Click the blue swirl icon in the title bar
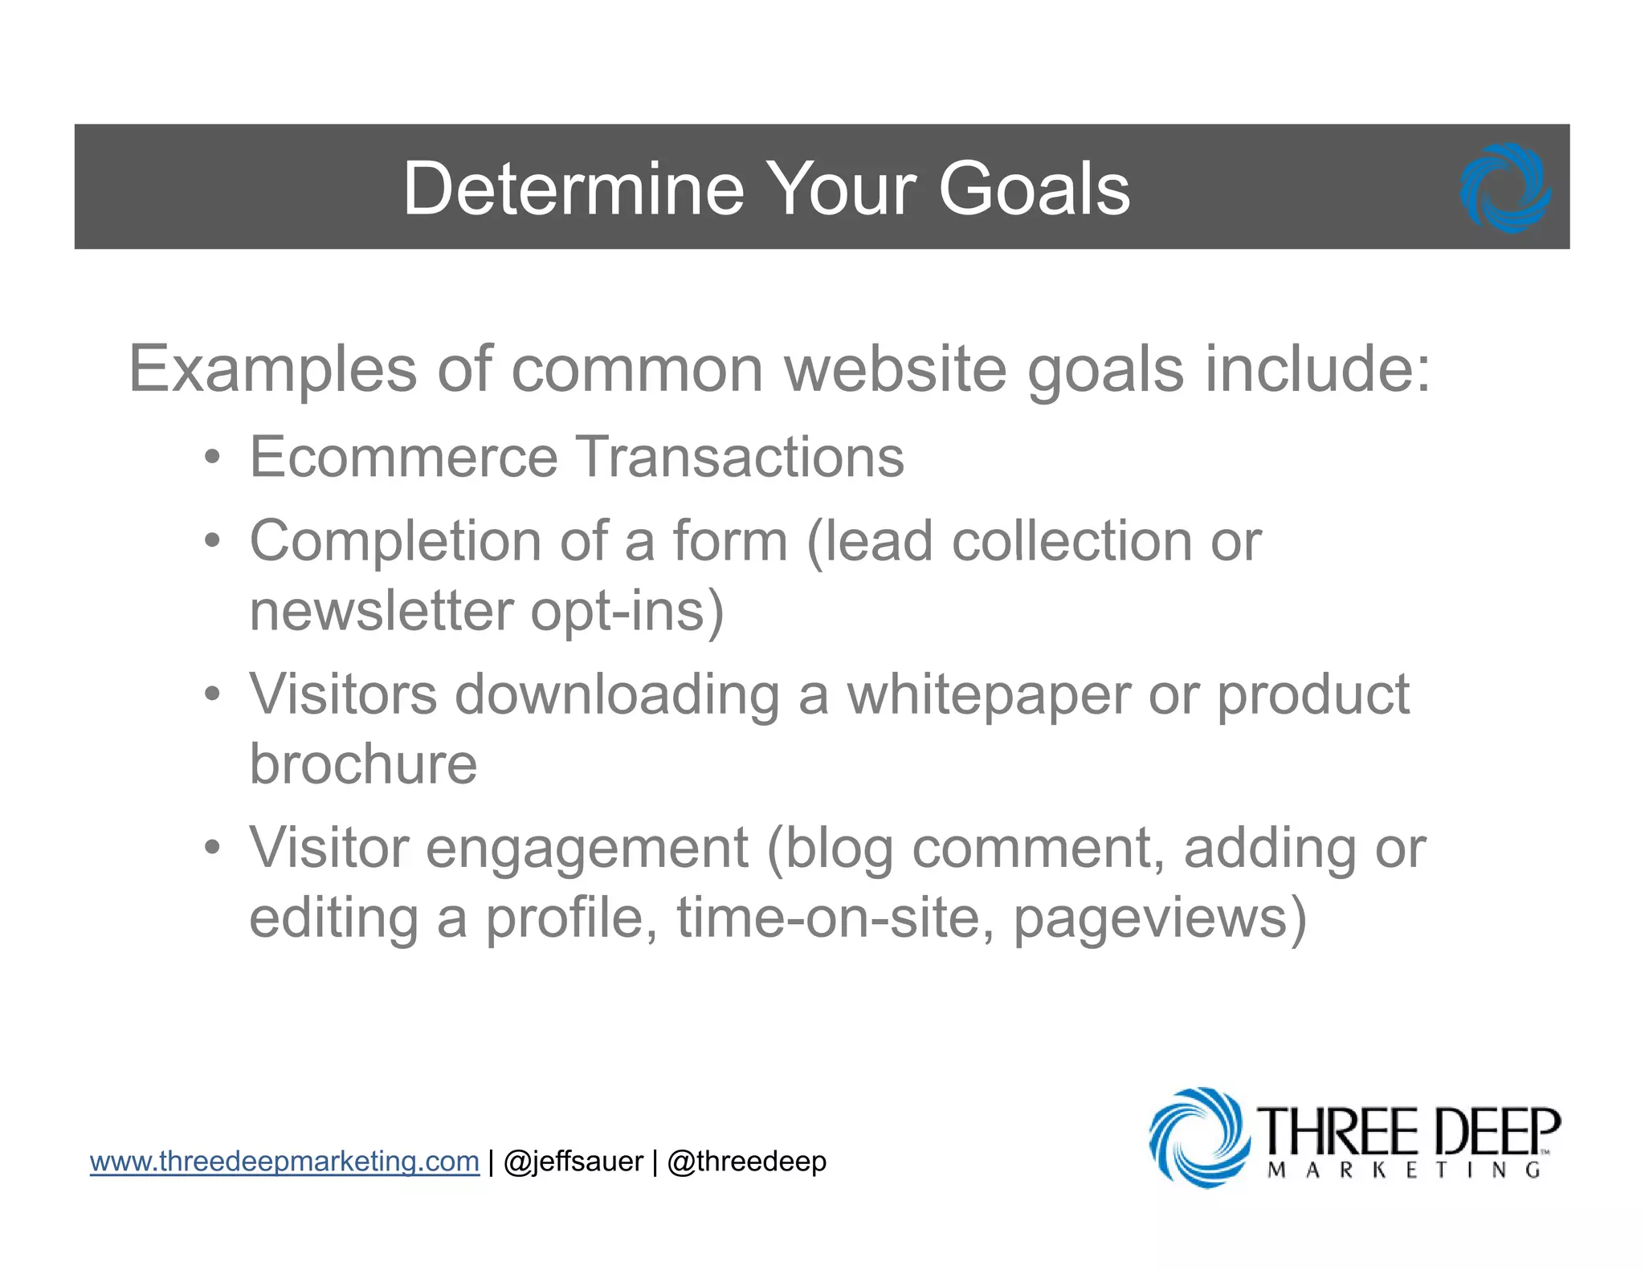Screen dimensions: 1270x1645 tap(1505, 189)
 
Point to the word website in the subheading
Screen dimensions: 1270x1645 tap(895, 369)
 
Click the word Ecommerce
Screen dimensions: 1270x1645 tap(403, 457)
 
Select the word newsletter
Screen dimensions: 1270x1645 tap(381, 611)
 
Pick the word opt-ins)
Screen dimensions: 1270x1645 tap(627, 611)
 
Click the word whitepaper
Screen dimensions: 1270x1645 tap(989, 694)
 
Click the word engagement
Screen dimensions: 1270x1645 tap(586, 848)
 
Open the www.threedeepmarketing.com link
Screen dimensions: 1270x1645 tap(284, 1162)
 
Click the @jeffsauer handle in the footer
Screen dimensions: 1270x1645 tap(573, 1162)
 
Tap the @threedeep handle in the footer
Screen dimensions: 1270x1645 tap(746, 1162)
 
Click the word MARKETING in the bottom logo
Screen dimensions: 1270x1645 tap(1403, 1170)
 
